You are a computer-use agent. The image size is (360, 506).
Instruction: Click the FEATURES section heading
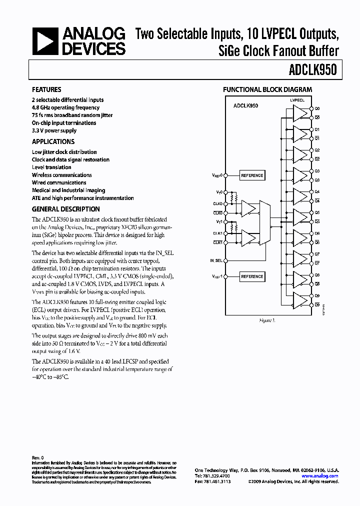click(x=46, y=89)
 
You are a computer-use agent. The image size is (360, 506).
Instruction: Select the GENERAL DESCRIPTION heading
click(x=65, y=209)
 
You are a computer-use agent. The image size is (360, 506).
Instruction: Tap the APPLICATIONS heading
click(x=53, y=141)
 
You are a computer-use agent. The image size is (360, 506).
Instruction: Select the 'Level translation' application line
click(x=51, y=167)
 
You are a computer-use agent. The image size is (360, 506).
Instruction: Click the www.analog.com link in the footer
click(x=319, y=476)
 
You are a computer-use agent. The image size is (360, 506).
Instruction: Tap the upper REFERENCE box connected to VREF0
click(x=252, y=175)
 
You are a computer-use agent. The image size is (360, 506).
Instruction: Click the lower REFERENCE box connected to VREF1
click(x=252, y=276)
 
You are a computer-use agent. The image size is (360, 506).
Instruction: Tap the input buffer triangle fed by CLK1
click(x=247, y=237)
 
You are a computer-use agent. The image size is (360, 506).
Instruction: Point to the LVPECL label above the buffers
click(x=297, y=100)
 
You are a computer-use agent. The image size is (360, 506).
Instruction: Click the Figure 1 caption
click(x=267, y=320)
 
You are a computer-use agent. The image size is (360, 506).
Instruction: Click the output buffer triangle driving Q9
click(x=299, y=300)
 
